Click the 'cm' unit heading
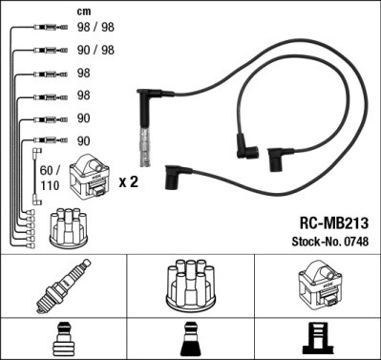[x=84, y=11]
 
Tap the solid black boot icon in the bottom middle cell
[x=190, y=340]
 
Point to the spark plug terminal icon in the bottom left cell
[x=63, y=340]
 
